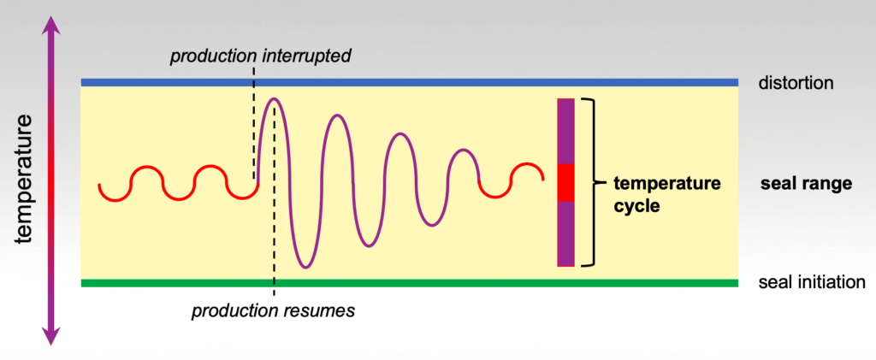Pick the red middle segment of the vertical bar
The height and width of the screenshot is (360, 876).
(565, 182)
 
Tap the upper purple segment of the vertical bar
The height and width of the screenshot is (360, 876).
(565, 131)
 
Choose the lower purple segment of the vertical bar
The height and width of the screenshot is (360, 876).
(565, 233)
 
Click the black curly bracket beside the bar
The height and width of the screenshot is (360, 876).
(588, 182)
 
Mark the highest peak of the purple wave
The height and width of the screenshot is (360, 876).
(274, 99)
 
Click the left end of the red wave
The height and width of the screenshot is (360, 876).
(99, 185)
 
